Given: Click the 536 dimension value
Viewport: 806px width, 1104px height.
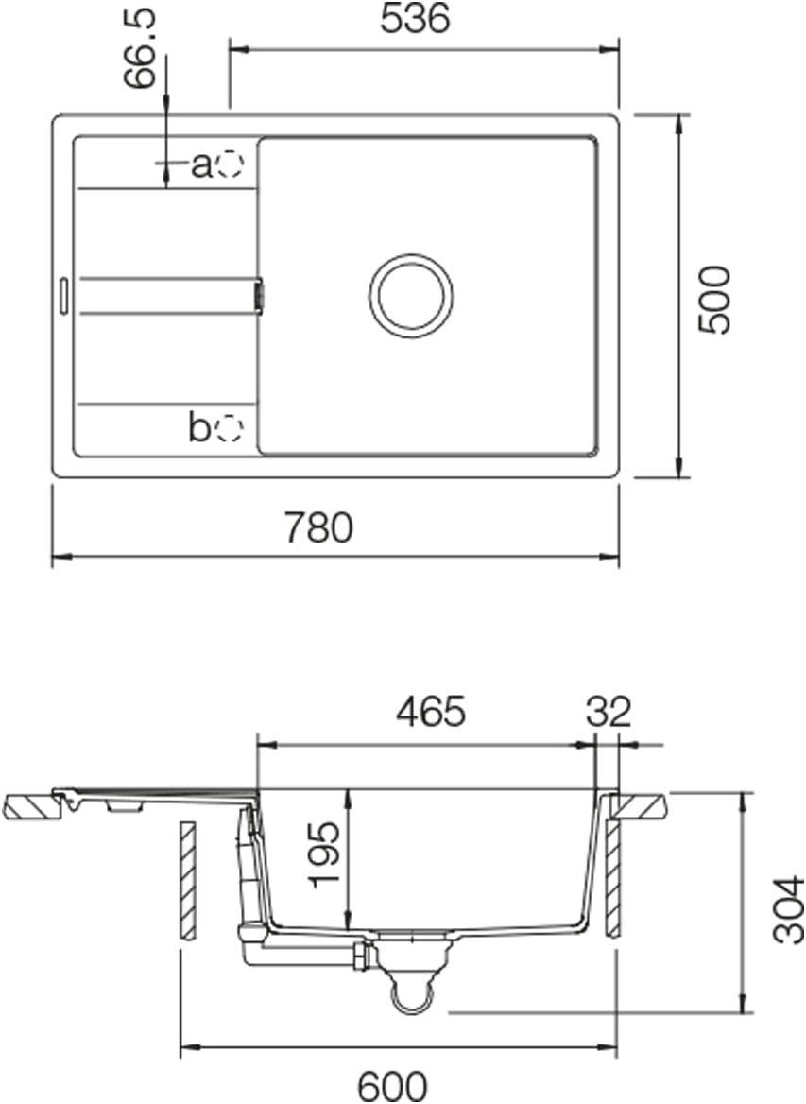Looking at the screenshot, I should (415, 20).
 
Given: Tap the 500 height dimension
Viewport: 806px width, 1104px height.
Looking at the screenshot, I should (714, 299).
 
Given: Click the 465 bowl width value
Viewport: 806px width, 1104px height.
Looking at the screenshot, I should (430, 712).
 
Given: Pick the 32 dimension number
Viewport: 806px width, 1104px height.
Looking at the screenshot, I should (607, 712).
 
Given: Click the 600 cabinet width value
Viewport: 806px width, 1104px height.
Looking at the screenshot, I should (392, 1085).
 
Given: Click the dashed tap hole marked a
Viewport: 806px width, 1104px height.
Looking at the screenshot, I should (229, 165).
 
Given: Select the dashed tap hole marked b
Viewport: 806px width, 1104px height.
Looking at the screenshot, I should (229, 430).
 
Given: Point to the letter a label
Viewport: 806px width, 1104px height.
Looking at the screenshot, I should (200, 166).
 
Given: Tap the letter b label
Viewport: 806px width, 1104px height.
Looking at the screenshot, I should (198, 429).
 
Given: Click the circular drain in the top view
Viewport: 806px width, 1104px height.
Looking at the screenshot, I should (410, 295).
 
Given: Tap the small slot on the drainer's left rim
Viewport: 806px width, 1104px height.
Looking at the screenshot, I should (62, 294).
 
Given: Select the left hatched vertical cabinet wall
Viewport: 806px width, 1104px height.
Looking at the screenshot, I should (187, 880).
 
